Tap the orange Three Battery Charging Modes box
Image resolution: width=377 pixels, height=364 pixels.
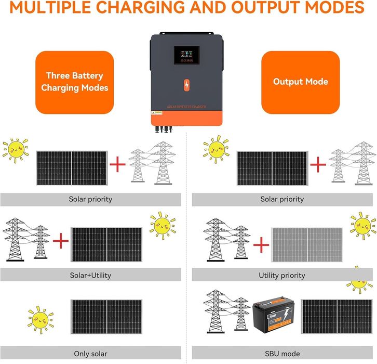point(74,82)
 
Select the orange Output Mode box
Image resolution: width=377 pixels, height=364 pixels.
point(300,82)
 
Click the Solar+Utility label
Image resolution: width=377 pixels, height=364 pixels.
point(90,275)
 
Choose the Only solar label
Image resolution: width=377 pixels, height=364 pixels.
point(90,354)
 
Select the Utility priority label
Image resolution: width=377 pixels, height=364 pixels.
point(282,275)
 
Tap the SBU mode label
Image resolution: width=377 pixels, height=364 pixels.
point(282,354)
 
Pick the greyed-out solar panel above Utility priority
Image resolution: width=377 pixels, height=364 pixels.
point(307,244)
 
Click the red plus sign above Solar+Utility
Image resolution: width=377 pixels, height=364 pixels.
point(61,241)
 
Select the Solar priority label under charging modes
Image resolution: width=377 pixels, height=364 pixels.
point(90,199)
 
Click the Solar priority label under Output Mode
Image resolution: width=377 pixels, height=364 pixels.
point(282,199)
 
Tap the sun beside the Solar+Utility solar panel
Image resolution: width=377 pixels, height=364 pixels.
point(163,225)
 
